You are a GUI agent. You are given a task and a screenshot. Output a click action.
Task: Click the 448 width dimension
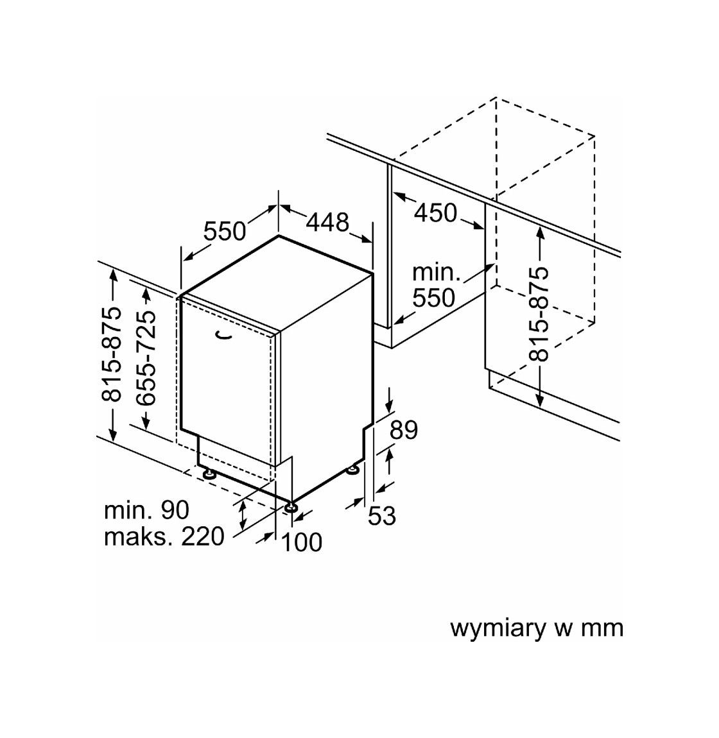(x=327, y=222)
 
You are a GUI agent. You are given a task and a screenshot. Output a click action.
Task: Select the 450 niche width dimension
(x=435, y=213)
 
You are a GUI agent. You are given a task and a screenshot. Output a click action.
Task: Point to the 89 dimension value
(x=404, y=430)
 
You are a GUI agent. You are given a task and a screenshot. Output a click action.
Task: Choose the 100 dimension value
(x=301, y=542)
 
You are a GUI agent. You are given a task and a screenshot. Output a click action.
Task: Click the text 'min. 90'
(x=146, y=510)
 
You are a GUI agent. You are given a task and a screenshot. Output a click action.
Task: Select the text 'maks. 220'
(x=164, y=536)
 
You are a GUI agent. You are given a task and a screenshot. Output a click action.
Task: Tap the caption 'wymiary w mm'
(x=536, y=628)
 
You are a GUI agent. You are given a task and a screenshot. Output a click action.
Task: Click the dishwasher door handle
(x=223, y=334)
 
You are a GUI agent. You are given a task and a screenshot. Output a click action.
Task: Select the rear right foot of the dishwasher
(x=352, y=469)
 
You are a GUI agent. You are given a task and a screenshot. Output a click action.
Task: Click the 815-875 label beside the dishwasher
(x=112, y=354)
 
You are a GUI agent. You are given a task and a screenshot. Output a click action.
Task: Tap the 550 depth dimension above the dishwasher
(x=225, y=231)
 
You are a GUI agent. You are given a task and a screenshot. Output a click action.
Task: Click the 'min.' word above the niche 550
(x=436, y=273)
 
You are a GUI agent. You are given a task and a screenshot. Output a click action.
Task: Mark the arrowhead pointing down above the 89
(x=390, y=404)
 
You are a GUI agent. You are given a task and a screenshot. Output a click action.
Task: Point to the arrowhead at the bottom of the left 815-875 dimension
(x=112, y=433)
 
